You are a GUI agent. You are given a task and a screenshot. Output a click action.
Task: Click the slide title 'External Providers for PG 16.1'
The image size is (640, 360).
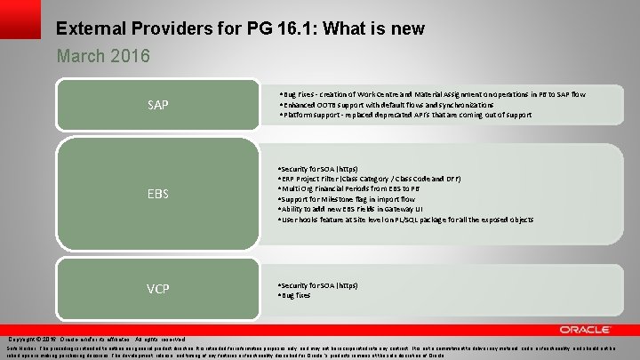coord(178,28)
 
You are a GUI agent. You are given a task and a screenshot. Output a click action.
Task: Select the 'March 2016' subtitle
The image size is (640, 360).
coord(103,56)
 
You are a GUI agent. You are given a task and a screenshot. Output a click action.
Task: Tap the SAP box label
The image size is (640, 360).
coord(157,106)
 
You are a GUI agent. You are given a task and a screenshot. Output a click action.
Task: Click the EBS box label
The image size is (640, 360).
coord(157,193)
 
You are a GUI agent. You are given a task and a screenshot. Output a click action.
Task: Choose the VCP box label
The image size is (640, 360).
coord(157,290)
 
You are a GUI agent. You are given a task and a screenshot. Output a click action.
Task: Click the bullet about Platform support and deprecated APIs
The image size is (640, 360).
coord(405,116)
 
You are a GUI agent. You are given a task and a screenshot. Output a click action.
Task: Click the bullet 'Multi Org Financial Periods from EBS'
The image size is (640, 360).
coord(348,189)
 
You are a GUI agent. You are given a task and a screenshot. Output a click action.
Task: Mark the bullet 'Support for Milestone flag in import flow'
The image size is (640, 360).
coord(355,199)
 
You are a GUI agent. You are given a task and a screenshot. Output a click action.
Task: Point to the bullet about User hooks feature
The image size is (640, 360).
coord(405,219)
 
